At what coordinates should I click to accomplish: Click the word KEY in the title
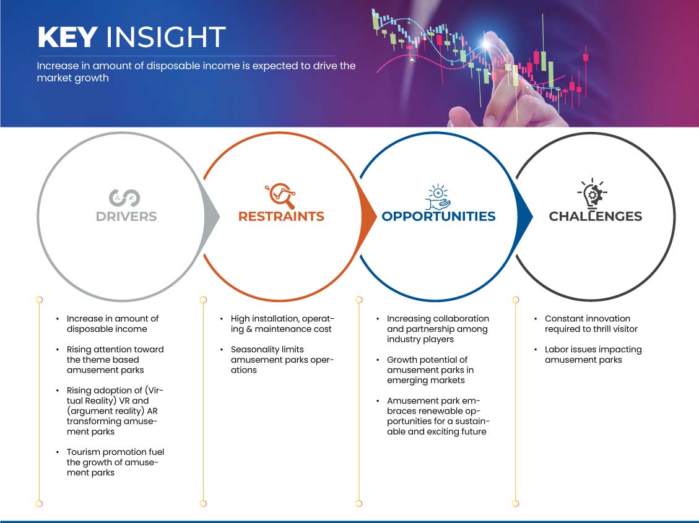67,37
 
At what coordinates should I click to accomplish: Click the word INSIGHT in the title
165,37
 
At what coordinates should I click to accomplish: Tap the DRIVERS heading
126,217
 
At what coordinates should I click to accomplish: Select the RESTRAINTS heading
281,217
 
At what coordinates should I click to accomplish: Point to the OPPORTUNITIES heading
438,217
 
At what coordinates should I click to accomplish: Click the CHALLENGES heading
595,217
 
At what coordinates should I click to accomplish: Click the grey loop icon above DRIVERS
125,198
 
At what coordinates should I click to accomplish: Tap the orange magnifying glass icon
281,195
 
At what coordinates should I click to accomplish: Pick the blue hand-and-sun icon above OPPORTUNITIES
438,196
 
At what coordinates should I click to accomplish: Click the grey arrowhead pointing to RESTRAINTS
211,217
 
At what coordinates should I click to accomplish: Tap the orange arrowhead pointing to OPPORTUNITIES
368,217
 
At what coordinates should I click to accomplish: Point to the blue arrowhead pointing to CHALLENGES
524,217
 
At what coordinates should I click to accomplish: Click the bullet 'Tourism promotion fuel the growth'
115,462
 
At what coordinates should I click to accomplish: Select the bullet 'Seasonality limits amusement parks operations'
282,360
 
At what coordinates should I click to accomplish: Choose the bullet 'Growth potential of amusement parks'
430,370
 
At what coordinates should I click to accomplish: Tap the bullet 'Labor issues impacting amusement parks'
593,355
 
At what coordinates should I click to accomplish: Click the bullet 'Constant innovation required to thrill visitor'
591,324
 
